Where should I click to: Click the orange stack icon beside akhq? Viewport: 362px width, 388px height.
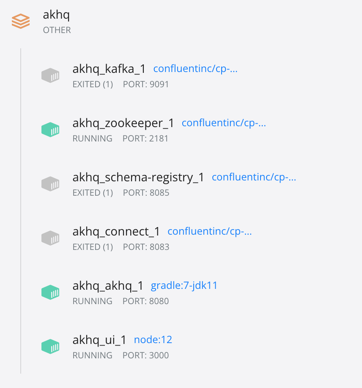coord(20,21)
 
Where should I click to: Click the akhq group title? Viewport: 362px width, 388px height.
coord(56,15)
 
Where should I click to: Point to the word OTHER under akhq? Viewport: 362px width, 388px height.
coord(57,30)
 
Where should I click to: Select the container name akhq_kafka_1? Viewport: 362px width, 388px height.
coord(109,69)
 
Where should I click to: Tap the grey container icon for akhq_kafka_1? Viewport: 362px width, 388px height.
coord(50,76)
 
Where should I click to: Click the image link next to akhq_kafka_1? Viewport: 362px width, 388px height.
coord(195,69)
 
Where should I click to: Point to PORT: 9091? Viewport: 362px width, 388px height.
coord(146,84)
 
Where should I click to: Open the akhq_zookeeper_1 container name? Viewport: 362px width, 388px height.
coord(123,123)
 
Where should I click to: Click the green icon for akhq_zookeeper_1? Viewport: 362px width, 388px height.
coord(50,130)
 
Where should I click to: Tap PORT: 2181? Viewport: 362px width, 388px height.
coord(145,139)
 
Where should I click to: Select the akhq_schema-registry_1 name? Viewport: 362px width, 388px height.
coord(138,177)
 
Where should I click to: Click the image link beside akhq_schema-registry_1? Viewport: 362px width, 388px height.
coord(254,177)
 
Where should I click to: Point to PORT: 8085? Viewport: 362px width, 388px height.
coord(146,193)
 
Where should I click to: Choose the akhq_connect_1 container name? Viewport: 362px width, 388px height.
coord(116,231)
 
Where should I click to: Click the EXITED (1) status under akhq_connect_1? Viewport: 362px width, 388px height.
coord(93,247)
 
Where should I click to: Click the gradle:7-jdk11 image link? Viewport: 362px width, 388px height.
coord(184,285)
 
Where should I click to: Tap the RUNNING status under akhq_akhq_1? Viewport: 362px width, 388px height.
coord(92,301)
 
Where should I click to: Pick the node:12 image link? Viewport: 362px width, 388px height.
coord(153,340)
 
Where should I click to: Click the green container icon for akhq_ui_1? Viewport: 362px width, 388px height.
coord(50,347)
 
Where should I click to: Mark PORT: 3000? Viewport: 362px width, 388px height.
coord(145,355)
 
